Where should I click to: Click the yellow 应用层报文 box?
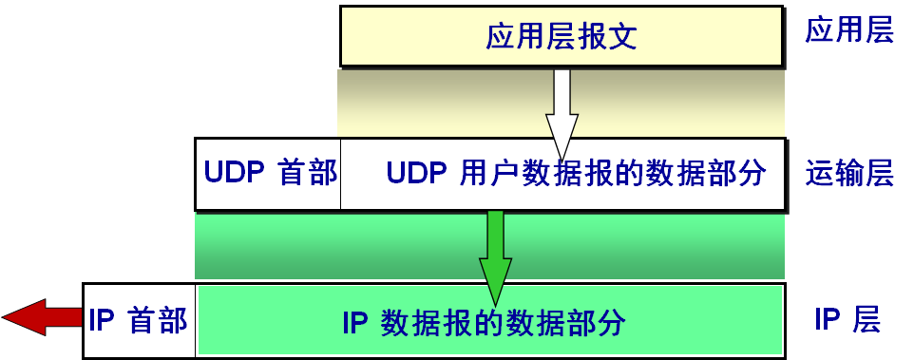point(562,37)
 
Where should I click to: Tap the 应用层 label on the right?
point(848,32)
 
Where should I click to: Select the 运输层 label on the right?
point(848,174)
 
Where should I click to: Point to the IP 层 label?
point(847,320)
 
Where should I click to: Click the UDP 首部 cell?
point(269,174)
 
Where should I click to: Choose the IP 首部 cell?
point(139,320)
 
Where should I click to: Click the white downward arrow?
point(562,109)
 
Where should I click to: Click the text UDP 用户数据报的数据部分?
point(576,174)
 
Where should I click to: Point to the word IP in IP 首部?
point(101,320)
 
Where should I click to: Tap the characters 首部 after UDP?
point(308,174)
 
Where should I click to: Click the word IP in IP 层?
point(826,320)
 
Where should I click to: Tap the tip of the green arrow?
point(495,302)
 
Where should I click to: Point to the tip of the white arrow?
point(562,158)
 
